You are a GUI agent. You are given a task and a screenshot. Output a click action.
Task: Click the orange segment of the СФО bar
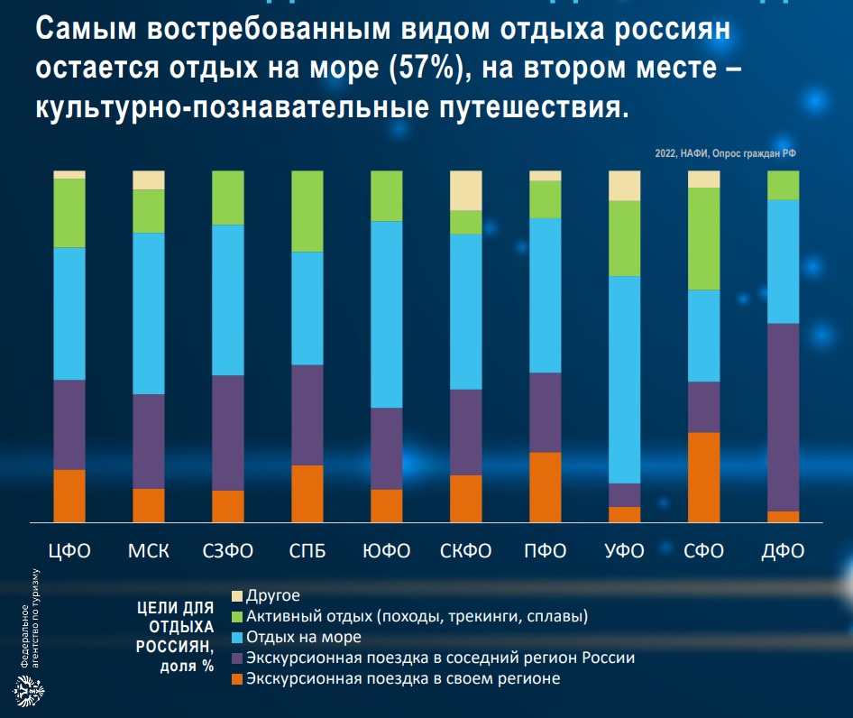coord(704,476)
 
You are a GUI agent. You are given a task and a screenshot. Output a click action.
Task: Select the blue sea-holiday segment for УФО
coord(625,379)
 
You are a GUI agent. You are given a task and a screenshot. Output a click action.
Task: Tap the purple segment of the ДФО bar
coord(784,417)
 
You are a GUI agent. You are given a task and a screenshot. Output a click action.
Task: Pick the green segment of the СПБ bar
coord(307,211)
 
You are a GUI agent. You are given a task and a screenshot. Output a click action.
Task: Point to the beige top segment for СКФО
coord(466,190)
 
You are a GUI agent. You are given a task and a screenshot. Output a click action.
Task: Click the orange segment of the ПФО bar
coord(546,486)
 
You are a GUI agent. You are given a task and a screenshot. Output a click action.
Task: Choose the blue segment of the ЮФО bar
coord(387,314)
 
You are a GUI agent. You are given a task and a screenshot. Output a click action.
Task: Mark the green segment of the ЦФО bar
coord(69,213)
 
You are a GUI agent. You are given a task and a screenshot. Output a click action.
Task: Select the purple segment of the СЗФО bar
coord(228,432)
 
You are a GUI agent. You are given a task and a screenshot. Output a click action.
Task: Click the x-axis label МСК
coord(149,551)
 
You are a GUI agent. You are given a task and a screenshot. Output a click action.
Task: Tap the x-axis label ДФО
coord(784,551)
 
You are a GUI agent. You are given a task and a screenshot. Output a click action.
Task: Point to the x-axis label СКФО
coord(466,551)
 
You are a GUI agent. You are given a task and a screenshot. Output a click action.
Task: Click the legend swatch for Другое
coord(238,596)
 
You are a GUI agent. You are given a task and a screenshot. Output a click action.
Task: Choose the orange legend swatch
coord(238,679)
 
